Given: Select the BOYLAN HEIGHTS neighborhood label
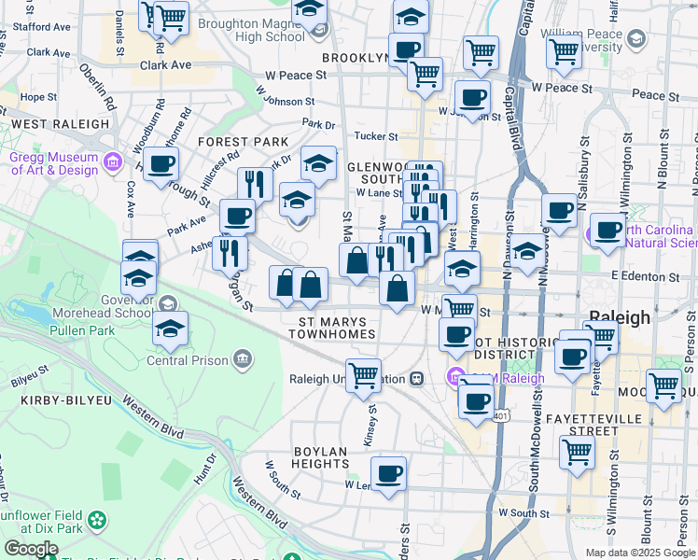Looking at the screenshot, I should tap(320, 457).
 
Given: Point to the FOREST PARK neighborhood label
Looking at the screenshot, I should tap(243, 141).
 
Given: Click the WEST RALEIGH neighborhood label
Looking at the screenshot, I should tap(61, 123).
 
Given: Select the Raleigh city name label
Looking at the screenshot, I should tap(619, 317).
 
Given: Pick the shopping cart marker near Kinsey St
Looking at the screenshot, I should tap(363, 375).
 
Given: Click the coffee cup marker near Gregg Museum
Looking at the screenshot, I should tap(160, 163).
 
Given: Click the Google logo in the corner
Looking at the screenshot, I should tap(31, 549).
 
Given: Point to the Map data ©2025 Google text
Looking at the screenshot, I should tap(640, 553).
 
